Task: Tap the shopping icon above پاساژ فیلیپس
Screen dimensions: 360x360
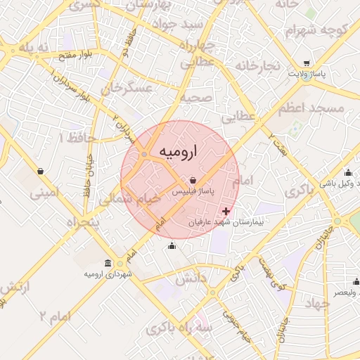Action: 193,181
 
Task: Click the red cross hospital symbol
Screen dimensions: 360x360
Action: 226,211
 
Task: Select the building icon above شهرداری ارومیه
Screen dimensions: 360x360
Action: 108,262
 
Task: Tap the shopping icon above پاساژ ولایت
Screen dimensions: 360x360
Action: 307,62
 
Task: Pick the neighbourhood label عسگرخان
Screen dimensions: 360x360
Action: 127,89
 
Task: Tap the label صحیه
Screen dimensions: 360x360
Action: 197,98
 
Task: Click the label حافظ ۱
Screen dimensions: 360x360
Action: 72,136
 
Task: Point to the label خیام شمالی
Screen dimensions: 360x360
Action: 129,199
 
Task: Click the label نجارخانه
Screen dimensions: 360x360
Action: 257,65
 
